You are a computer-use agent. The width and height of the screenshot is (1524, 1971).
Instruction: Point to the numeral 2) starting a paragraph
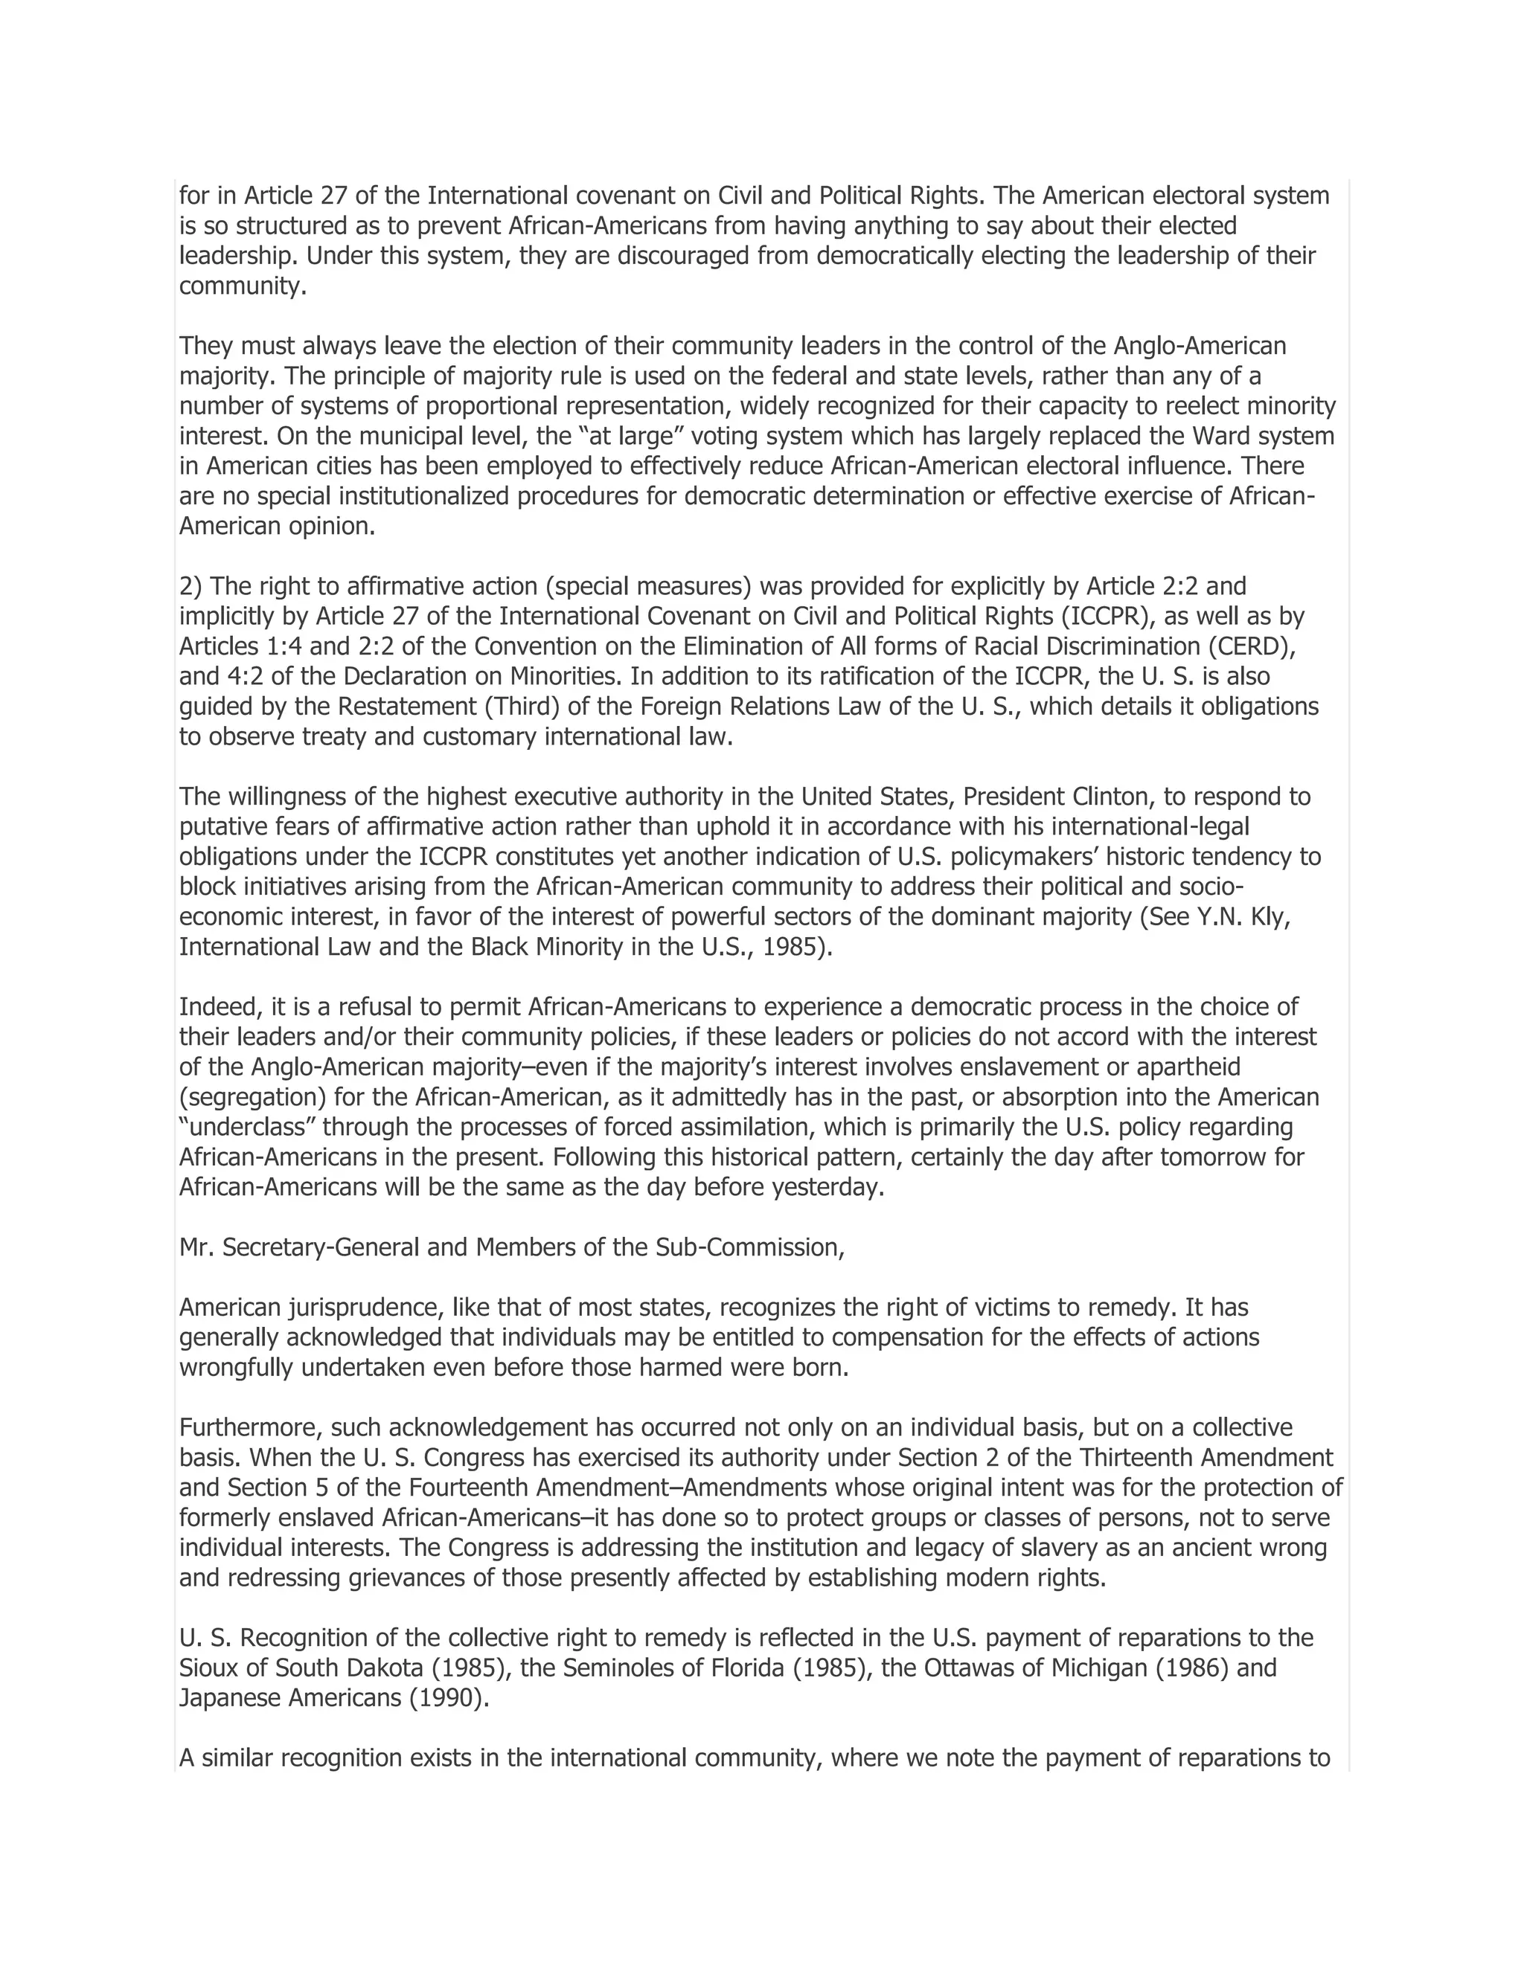coord(191,587)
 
